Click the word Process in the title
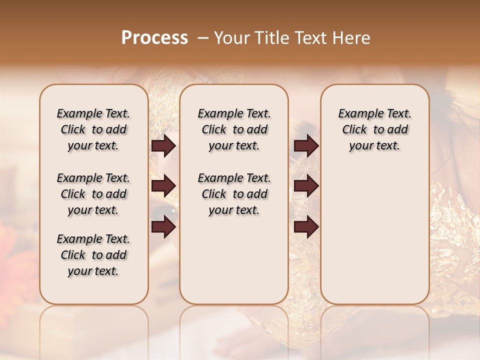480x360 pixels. coord(154,38)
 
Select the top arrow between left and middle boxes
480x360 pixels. coord(163,146)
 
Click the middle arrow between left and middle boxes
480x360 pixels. coord(163,186)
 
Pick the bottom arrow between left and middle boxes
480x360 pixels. coord(163,227)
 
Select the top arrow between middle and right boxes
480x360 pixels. coord(306,146)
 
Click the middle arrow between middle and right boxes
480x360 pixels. coord(306,186)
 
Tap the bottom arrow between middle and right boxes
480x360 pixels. coord(306,227)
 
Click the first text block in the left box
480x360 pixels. coord(93,129)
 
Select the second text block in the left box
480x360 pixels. coord(93,194)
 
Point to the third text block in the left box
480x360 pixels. coord(93,255)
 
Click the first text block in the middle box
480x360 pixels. coord(234,129)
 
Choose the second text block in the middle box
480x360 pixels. coord(234,194)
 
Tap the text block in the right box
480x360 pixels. coord(374,129)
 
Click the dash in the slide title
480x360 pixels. coord(202,38)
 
